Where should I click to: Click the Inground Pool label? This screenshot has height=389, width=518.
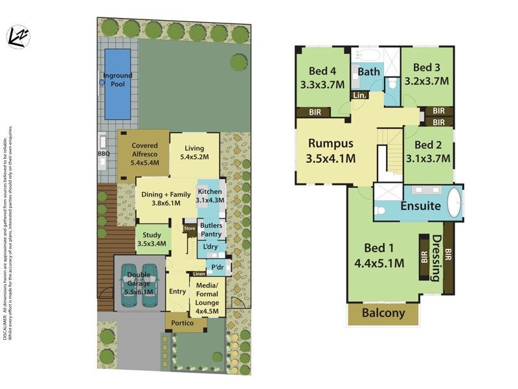[117, 80]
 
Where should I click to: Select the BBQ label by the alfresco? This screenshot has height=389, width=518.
[104, 154]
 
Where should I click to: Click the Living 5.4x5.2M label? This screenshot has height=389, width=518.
[194, 153]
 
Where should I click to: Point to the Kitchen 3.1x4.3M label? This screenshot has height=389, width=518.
[210, 196]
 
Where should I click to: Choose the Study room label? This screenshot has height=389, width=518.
[152, 239]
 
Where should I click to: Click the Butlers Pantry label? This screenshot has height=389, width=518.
[211, 230]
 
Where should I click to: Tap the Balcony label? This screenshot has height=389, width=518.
[383, 313]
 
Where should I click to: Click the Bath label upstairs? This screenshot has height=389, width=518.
[368, 72]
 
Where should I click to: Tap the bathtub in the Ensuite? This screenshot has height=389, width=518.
[454, 203]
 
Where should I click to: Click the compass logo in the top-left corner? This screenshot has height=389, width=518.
[19, 37]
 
